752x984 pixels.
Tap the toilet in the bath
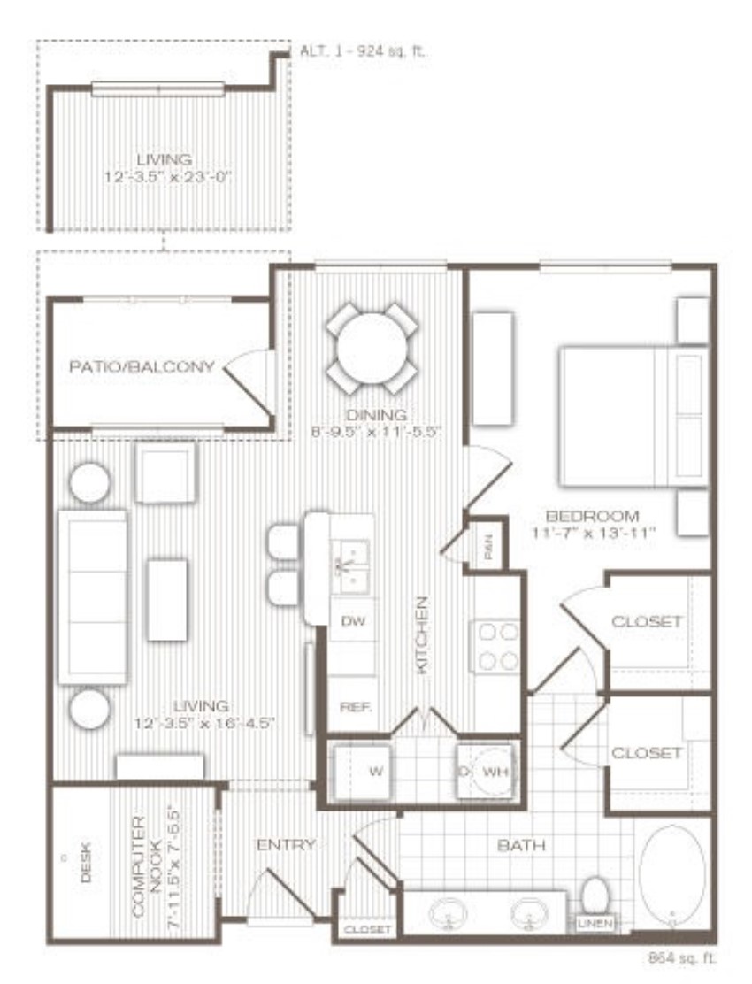(x=595, y=896)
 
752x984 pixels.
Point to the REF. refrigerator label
(x=354, y=707)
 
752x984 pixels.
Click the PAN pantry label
(x=488, y=550)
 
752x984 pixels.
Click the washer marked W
(x=364, y=771)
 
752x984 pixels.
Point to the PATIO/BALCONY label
(x=142, y=365)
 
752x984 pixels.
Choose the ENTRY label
(x=286, y=845)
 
